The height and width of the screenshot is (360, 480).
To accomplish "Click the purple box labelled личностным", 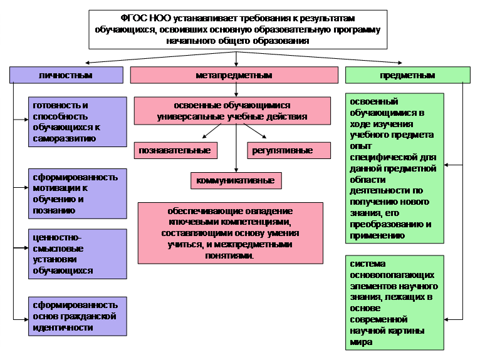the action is [x=66, y=75].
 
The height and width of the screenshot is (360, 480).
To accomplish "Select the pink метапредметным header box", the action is [x=234, y=75].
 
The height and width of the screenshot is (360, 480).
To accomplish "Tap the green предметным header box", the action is [x=408, y=75].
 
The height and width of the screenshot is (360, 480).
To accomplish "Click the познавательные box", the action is [x=175, y=150].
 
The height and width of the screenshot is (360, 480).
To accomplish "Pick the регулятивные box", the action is [x=289, y=150].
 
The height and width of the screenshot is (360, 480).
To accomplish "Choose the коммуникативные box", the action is [x=236, y=180].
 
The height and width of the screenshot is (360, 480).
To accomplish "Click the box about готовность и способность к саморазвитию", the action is [x=78, y=122].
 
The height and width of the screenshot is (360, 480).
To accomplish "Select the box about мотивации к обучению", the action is [x=78, y=193].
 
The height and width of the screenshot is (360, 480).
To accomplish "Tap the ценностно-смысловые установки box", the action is [x=78, y=254].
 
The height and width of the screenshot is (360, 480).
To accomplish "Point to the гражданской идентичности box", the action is [x=78, y=316].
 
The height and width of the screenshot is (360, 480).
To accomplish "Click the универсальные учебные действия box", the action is [x=232, y=111].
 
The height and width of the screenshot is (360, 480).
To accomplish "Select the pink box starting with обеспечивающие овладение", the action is [x=231, y=233].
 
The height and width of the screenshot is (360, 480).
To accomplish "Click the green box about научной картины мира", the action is [x=395, y=303].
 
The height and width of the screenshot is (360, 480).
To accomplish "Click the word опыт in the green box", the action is [x=360, y=147].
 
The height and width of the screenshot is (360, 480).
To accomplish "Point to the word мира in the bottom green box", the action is [x=361, y=342].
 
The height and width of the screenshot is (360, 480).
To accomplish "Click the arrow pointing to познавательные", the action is [x=212, y=131].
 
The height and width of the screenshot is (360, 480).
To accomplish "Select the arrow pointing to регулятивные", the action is [x=255, y=131].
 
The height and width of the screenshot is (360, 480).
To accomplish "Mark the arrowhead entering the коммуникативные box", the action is [x=236, y=170].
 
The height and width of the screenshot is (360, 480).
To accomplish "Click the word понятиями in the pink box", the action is [x=229, y=255].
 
